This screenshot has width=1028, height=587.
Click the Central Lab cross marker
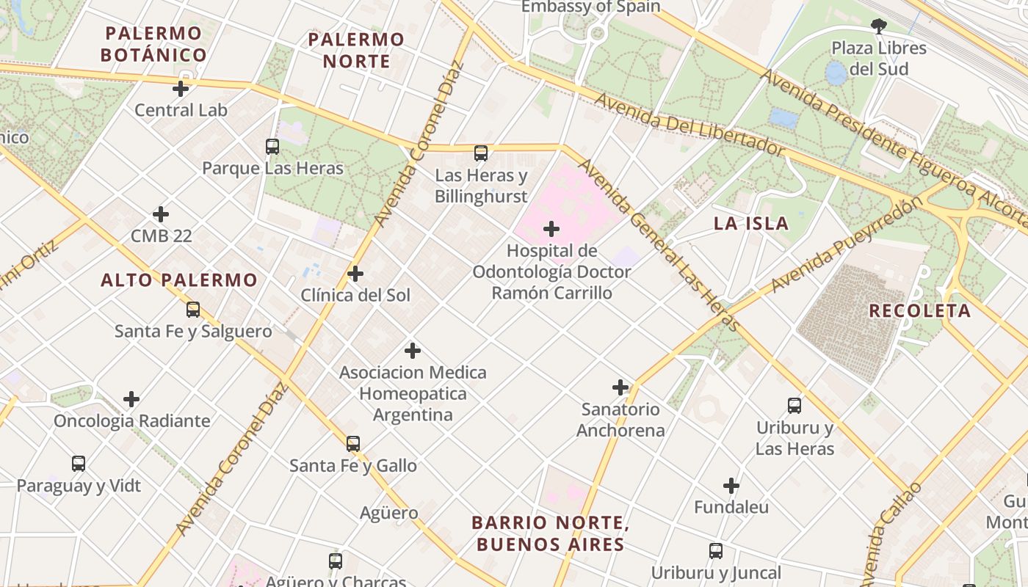(x=181, y=89)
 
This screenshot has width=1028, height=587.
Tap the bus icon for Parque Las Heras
(x=272, y=147)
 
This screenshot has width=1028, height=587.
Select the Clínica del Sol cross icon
(x=355, y=274)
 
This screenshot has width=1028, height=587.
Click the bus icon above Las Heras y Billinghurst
(x=481, y=153)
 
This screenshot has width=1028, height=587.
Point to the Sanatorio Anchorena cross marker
(x=620, y=387)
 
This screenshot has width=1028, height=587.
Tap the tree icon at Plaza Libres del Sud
(x=878, y=27)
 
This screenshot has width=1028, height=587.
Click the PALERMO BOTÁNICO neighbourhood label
(x=153, y=44)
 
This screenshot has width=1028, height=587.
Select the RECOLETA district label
(x=919, y=310)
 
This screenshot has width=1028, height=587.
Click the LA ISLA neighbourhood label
(x=751, y=224)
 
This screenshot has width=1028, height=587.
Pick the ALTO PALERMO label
(x=179, y=280)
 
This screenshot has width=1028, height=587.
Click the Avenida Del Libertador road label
(x=689, y=125)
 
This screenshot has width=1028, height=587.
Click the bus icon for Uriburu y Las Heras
(x=794, y=406)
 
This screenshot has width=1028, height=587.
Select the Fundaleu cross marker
(x=731, y=486)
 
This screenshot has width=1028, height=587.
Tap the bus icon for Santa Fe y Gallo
(x=353, y=444)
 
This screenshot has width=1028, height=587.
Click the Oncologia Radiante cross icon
(x=131, y=399)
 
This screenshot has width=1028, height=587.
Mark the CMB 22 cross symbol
(x=161, y=214)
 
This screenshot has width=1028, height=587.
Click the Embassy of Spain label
(x=590, y=7)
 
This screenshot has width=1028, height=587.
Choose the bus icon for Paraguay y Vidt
(x=79, y=464)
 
